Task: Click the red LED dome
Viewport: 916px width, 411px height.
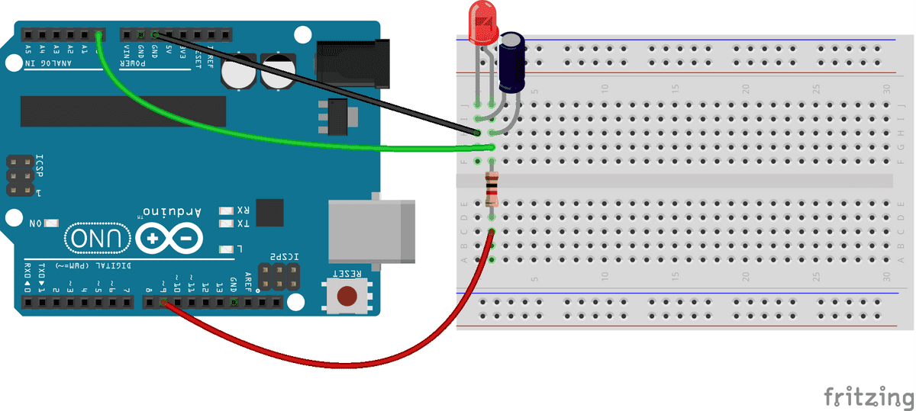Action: pos(482,22)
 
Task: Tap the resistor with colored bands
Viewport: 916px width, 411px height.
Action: pos(492,189)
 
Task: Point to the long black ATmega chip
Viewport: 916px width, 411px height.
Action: pos(123,111)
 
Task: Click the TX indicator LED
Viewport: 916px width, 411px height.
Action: pos(225,223)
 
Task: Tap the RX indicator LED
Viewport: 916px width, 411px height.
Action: pos(225,210)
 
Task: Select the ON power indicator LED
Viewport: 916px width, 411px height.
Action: pos(52,223)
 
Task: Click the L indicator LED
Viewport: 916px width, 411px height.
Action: pos(225,249)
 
